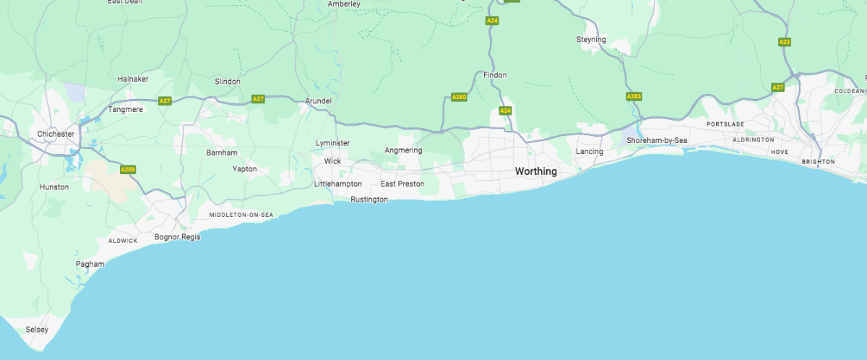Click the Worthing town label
(x=535, y=171)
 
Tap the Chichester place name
(x=56, y=134)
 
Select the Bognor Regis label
(x=177, y=237)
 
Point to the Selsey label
(x=37, y=330)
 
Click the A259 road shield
(x=128, y=170)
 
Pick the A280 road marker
(x=459, y=97)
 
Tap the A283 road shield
(x=634, y=96)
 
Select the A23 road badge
(x=785, y=42)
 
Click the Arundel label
(x=318, y=100)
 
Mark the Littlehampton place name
(x=338, y=184)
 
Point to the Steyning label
(x=591, y=39)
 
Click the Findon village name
(x=495, y=74)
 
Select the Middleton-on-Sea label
(x=241, y=215)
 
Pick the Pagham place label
(x=90, y=264)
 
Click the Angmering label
(x=403, y=150)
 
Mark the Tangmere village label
(x=125, y=109)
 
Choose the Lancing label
(x=590, y=152)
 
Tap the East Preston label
(x=402, y=184)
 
